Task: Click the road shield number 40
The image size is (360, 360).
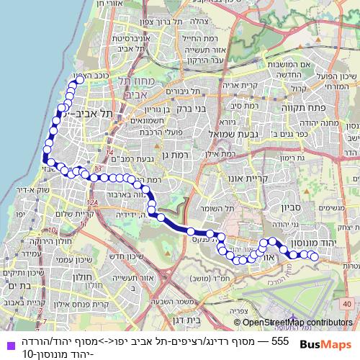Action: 348,304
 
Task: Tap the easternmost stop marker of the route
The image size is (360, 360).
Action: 315,257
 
